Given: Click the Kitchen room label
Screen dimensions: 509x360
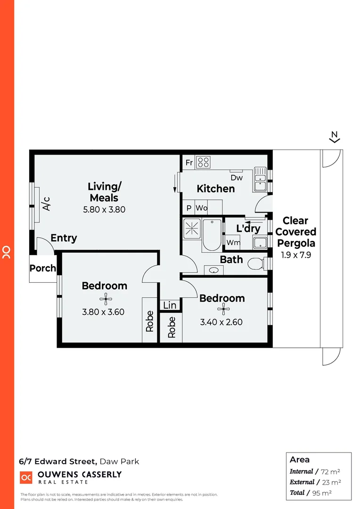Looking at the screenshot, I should pos(215,189).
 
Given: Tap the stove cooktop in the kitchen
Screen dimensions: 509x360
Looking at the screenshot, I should pos(203,162).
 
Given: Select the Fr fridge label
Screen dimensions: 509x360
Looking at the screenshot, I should pos(189,163).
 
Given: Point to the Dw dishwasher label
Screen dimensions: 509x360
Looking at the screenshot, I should pos(237,178).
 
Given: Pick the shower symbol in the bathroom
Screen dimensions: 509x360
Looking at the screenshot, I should pos(192,228).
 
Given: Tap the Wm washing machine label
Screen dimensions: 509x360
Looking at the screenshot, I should pos(232,243).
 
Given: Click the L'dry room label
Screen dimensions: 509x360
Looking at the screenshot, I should pos(248,229).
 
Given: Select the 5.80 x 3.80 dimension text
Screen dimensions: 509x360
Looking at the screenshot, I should pos(104,209).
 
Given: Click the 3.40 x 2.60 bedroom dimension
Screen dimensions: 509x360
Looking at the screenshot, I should pos(221,322).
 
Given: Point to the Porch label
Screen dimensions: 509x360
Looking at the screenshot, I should pos(43,269).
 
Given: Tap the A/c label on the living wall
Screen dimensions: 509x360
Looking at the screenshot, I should pos(46,204).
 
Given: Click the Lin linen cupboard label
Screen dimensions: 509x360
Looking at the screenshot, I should pos(170,305).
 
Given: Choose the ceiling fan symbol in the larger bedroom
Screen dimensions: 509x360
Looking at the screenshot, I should pos(104,298).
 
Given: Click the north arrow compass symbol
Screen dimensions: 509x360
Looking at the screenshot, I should pos(335,137).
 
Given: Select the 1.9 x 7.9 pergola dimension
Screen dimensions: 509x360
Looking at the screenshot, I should pos(296,254).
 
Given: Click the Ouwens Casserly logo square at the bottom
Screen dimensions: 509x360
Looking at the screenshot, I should pos(25,477).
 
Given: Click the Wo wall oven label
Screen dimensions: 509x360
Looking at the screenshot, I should pos(202,208).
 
